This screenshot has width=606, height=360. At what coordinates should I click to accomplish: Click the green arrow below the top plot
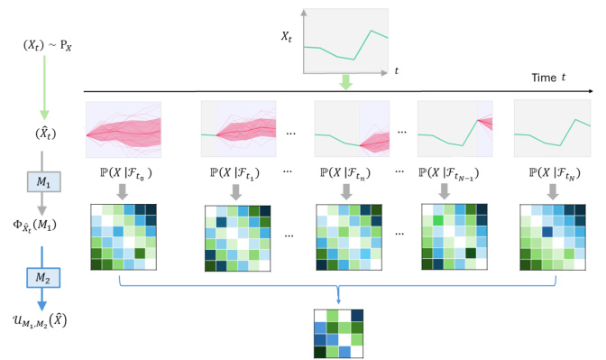(346, 83)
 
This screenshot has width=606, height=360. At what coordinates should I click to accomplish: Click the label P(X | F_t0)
(124, 173)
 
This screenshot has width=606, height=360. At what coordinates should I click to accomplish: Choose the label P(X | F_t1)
(234, 173)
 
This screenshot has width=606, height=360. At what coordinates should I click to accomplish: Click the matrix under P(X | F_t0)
(124, 236)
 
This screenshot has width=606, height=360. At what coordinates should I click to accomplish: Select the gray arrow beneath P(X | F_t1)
(234, 191)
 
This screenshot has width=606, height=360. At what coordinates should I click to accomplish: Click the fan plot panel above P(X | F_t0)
(124, 130)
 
